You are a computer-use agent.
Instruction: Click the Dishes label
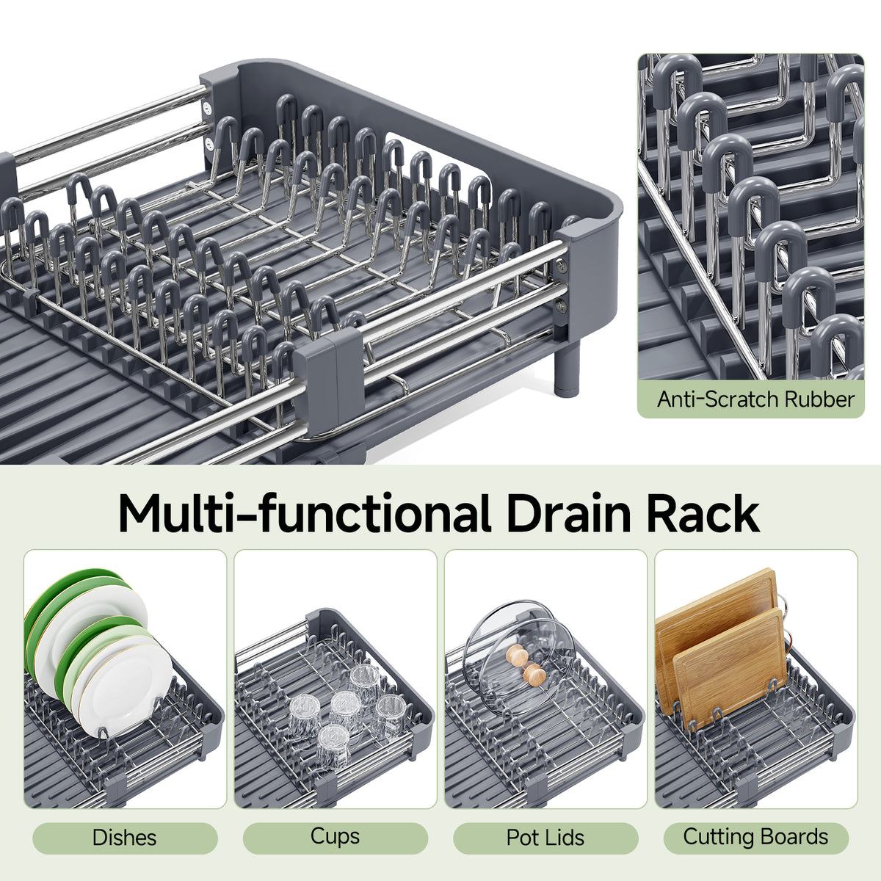[124, 838]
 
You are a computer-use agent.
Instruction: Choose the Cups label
[335, 838]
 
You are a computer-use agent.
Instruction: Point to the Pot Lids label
[545, 838]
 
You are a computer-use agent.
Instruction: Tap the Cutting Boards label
[755, 838]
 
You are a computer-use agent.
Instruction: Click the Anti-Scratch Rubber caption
[755, 399]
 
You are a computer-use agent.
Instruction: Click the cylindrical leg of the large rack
[567, 367]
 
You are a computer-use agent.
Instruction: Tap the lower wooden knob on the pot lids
[534, 675]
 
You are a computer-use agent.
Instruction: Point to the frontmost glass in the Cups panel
[333, 746]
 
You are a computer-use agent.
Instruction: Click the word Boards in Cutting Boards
[791, 837]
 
